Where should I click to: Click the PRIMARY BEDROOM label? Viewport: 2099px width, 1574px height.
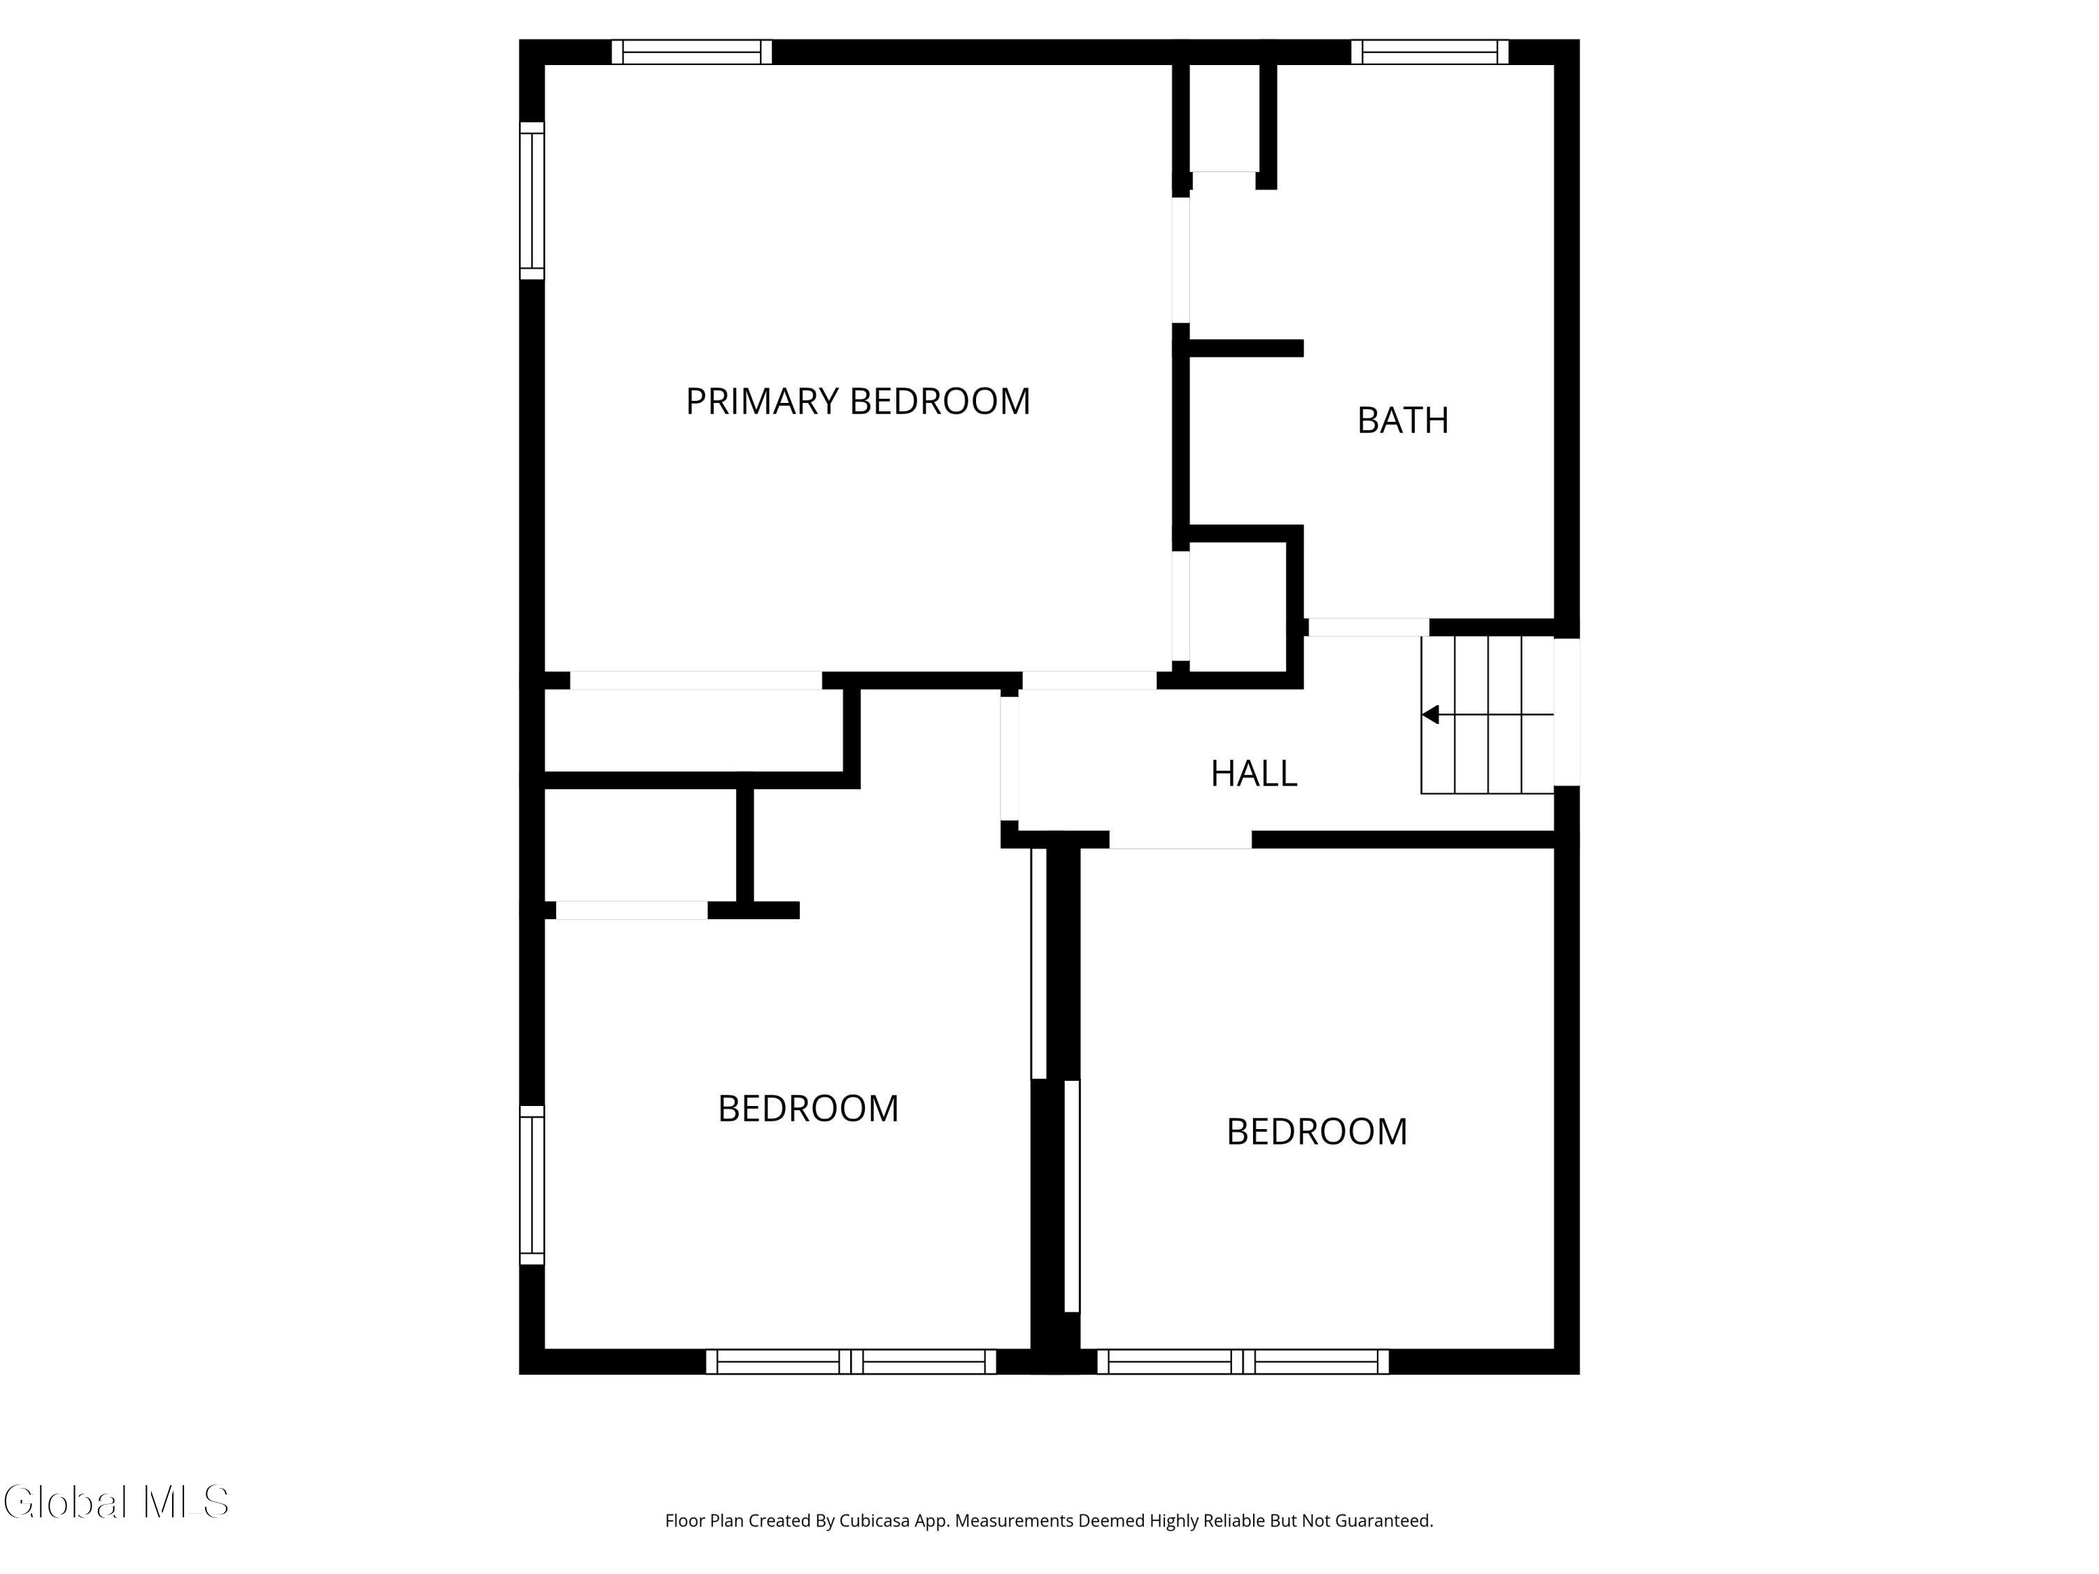[858, 402]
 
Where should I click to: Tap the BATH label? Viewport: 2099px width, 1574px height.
[1403, 420]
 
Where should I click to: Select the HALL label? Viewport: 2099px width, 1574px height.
[1254, 773]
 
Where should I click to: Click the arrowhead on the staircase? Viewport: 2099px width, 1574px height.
[1430, 714]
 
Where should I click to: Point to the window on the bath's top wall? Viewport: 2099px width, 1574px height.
[1430, 52]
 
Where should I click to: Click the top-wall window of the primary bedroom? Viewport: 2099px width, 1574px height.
[692, 52]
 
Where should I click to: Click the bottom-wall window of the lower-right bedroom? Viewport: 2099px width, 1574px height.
[1243, 1361]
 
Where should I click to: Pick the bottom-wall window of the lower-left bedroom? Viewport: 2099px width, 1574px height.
[851, 1361]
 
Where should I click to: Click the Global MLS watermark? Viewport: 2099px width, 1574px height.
[115, 1502]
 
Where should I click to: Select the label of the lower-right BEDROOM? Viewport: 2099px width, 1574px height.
[1317, 1132]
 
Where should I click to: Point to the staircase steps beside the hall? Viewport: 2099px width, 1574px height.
[1487, 714]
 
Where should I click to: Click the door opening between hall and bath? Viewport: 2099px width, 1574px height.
[1369, 627]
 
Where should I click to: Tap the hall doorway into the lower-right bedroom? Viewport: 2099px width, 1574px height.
[1180, 839]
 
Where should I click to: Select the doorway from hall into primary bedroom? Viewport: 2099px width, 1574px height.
[1089, 680]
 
